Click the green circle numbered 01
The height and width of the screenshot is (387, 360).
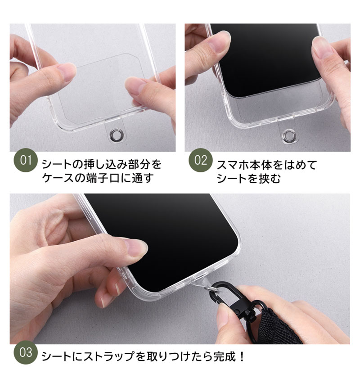coord(26,160)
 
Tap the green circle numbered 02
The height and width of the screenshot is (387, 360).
coord(201,160)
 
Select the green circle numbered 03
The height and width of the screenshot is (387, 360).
coord(26,352)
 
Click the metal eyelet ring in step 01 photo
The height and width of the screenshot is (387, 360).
coord(115,134)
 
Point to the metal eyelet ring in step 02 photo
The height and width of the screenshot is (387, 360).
coord(288,135)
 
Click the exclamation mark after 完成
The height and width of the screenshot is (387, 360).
coord(242,356)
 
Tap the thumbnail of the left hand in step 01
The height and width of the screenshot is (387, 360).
coord(67,72)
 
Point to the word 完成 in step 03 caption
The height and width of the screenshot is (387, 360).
coord(225,356)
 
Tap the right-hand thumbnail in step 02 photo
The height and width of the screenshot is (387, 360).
coord(323,47)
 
